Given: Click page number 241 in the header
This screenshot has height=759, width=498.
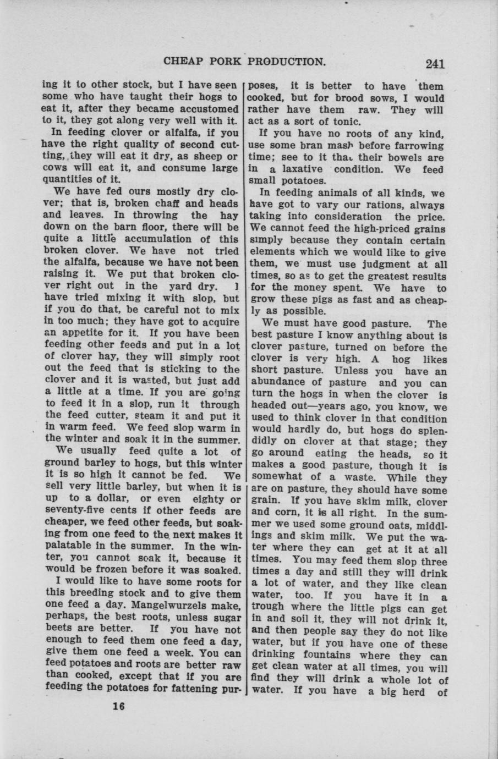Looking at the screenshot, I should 434,63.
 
